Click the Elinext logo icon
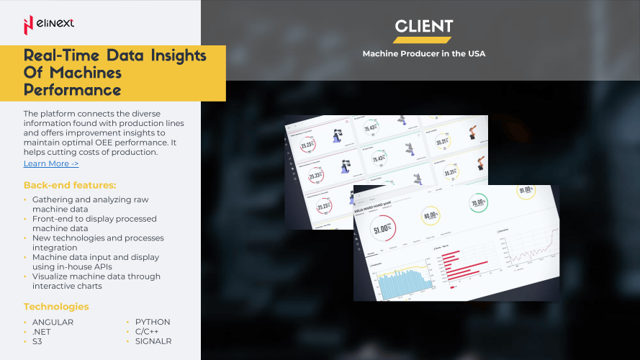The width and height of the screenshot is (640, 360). [x=28, y=24]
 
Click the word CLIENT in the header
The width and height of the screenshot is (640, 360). [x=424, y=27]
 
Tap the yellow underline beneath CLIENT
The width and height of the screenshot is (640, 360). [x=423, y=40]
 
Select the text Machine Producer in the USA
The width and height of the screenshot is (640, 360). [x=423, y=54]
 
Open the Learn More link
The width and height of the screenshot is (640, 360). [x=51, y=163]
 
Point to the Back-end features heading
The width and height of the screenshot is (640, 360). [x=70, y=185]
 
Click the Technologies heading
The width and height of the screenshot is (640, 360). [x=56, y=307]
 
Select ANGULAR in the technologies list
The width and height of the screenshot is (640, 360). [x=53, y=322]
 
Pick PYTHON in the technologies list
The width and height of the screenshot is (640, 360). [x=153, y=322]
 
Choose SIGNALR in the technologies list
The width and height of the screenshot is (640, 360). [x=153, y=341]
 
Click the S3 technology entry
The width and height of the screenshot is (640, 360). [x=37, y=341]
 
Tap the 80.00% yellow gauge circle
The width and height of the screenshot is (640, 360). [x=431, y=215]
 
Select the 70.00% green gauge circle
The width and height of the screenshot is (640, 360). [x=480, y=203]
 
